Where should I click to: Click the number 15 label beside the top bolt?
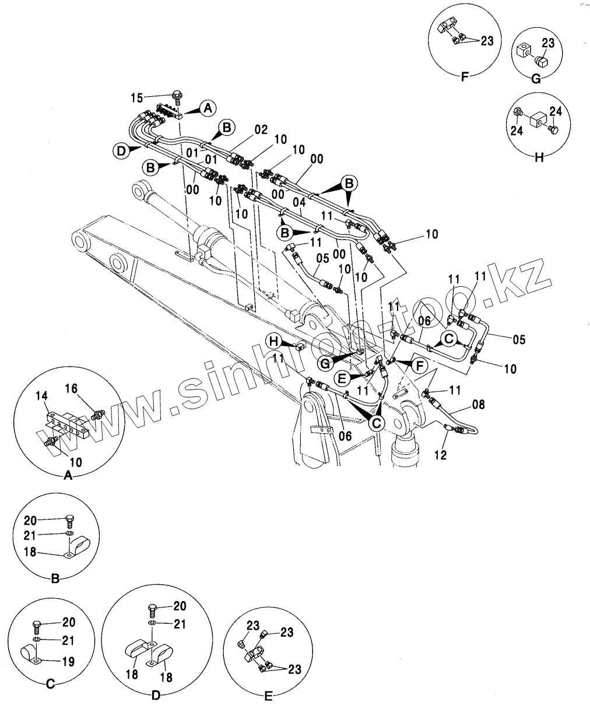click(137, 98)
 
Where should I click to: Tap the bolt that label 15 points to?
click(177, 97)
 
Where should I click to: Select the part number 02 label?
click(261, 130)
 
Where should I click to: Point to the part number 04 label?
click(300, 203)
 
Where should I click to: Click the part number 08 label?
click(478, 405)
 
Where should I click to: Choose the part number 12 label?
click(440, 455)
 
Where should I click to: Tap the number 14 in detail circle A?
click(41, 396)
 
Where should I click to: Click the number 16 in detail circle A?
click(71, 388)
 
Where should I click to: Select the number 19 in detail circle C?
click(69, 662)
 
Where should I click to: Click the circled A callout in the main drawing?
click(208, 108)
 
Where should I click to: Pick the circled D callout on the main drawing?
click(121, 150)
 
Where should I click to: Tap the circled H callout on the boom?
click(275, 341)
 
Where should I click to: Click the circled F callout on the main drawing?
click(419, 366)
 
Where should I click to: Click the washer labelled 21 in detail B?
click(69, 533)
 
